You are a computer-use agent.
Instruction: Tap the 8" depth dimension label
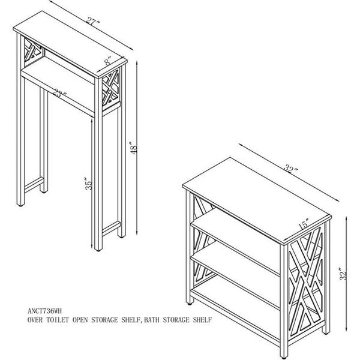point(107,61)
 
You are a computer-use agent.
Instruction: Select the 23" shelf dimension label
point(60,93)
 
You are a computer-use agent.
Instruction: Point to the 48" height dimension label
point(133,147)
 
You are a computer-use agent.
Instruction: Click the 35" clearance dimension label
point(89,184)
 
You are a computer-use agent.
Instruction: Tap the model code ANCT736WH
point(44,311)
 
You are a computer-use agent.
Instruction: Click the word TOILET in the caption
point(58,320)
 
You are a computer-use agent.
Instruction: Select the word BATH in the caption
point(152,320)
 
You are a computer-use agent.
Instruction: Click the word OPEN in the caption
point(80,320)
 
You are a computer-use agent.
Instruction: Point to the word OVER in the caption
point(35,320)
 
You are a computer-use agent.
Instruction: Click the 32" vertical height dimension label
point(343,274)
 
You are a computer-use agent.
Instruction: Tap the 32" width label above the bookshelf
point(290,168)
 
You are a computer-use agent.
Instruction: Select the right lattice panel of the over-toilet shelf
point(110,88)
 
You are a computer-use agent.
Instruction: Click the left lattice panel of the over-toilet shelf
point(33,52)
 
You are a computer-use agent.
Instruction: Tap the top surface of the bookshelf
point(256,199)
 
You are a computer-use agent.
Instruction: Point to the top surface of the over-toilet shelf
point(70,43)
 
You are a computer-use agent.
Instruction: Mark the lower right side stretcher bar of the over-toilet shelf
point(111,229)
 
